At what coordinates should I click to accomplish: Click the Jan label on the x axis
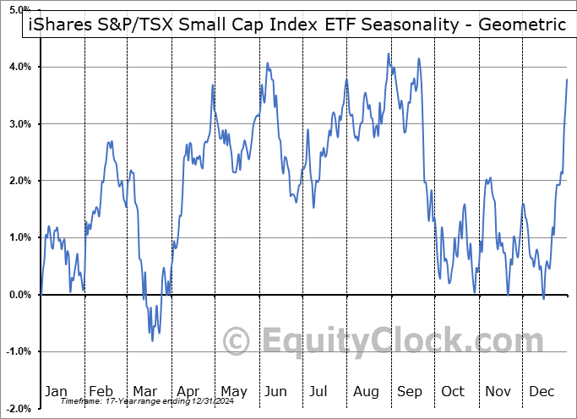[x=57, y=391]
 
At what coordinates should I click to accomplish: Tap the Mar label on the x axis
[x=144, y=391]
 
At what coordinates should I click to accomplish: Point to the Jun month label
[x=276, y=391]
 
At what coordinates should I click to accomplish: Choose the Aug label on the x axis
[x=366, y=391]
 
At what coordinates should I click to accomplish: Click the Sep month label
[x=410, y=391]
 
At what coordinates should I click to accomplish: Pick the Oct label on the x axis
[x=454, y=391]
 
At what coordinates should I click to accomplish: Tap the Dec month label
[x=542, y=391]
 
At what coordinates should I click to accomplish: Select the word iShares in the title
[x=57, y=24]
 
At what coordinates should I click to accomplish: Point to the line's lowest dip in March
[x=152, y=340]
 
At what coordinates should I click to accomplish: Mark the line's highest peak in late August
[x=389, y=54]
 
